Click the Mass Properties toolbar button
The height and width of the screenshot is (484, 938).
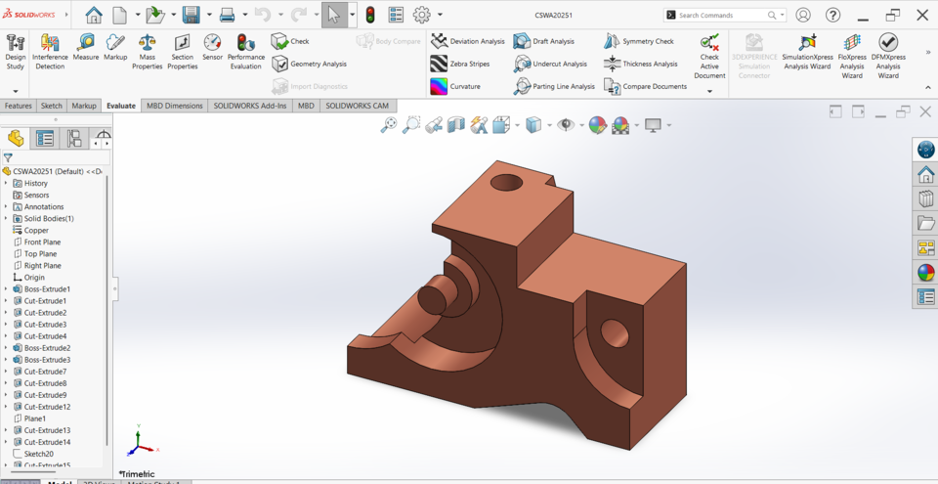148,51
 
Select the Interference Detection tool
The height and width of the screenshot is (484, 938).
50,51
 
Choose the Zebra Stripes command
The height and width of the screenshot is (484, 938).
460,64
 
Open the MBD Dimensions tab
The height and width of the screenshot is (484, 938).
175,106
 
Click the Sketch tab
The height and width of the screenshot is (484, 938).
52,106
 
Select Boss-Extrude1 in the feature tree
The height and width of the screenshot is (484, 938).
46,289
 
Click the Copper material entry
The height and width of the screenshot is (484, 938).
36,231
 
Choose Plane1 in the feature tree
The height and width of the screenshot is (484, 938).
35,418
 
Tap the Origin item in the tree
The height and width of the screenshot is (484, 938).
34,278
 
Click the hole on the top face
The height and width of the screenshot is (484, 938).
506,183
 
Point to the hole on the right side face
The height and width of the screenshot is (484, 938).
614,332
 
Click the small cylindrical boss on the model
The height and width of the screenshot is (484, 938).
435,298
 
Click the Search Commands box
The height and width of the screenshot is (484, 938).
723,15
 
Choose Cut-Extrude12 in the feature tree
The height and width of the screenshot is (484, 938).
46,407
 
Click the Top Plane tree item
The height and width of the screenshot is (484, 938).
39,254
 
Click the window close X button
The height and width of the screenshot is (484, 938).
922,15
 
